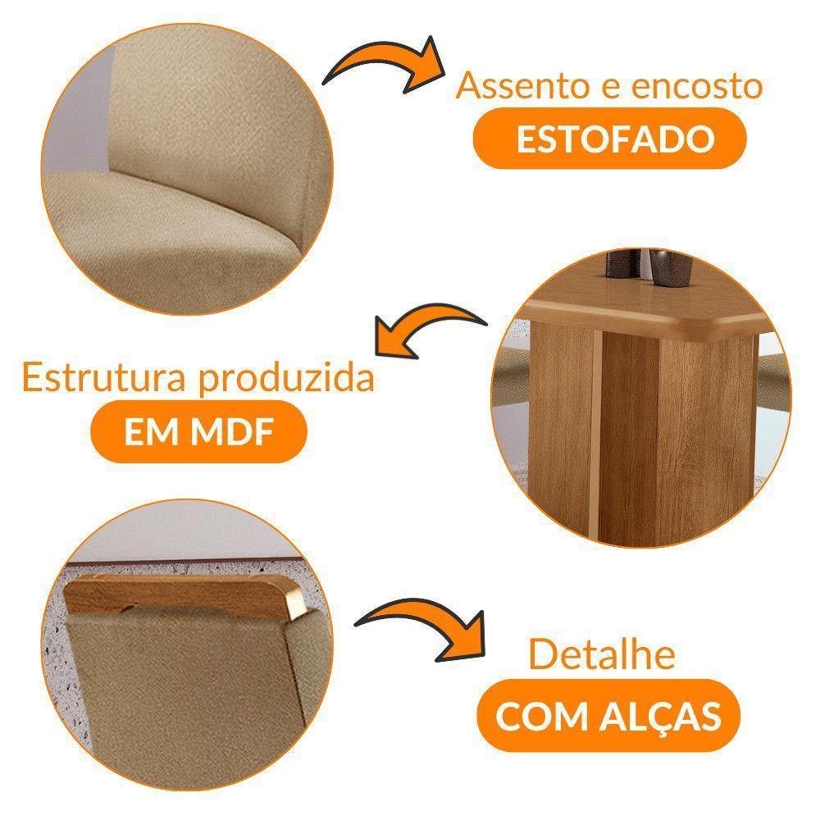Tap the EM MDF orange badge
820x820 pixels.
point(198,433)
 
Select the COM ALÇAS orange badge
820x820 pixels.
point(608,716)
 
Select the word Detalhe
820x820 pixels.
point(602,654)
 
